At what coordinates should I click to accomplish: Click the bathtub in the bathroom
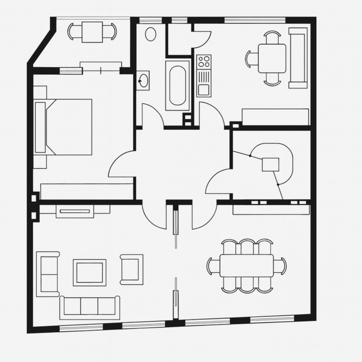pos(177,85)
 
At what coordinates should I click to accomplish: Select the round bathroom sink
pos(143,80)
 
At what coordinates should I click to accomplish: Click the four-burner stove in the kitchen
pos(204,62)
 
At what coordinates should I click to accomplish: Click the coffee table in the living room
pos(89,273)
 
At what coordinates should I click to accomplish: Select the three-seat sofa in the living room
pos(90,307)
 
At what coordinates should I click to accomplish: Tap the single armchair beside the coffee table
pos(132,269)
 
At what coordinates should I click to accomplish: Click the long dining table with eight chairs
pos(246,266)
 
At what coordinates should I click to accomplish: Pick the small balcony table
pos(92,32)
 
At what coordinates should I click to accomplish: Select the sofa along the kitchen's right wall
pos(298,58)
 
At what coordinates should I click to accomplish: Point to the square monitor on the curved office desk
pos(271,164)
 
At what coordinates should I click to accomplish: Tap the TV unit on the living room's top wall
pos(75,211)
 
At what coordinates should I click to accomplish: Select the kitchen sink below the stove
pos(204,89)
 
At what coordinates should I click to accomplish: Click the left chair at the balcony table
pos(72,32)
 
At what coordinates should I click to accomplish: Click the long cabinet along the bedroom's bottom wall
pos(87,191)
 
